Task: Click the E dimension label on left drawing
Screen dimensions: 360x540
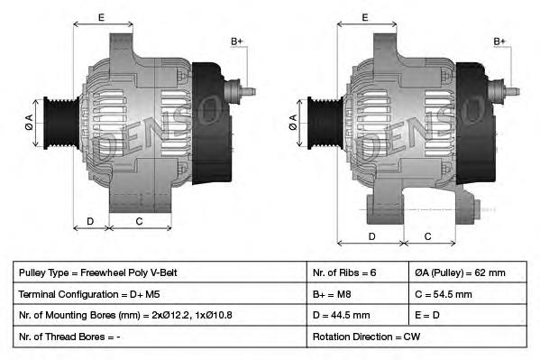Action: coord(100,17)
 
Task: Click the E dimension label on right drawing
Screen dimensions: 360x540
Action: coord(364,17)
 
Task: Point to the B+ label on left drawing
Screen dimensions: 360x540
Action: coord(237,42)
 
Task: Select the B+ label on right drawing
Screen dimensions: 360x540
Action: coord(500,42)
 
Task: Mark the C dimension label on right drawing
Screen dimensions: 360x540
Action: coord(427,236)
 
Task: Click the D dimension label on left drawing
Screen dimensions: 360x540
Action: coord(90,222)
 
